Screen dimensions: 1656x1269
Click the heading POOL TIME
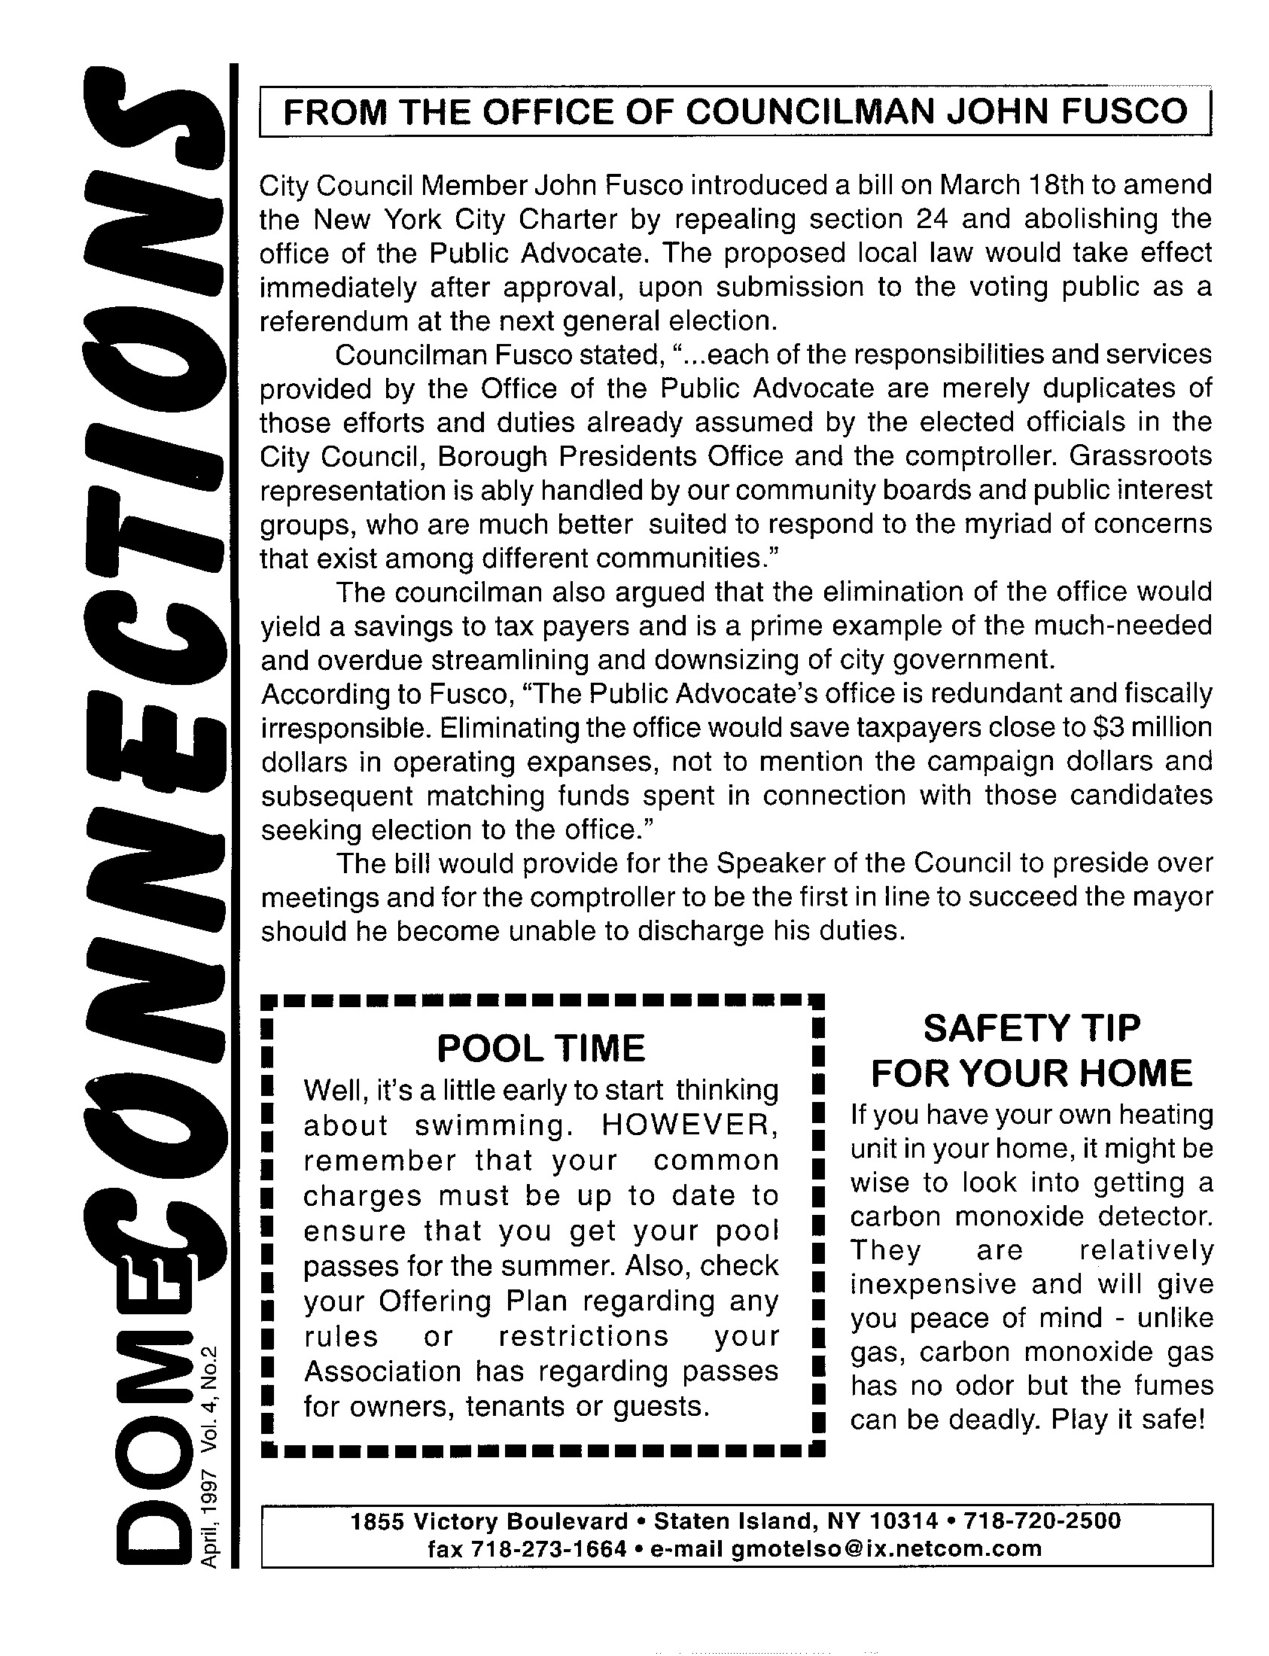541,1048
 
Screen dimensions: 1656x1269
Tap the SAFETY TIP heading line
1031,1028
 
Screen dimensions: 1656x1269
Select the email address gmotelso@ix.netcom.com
887,1548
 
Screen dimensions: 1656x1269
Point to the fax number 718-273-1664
549,1548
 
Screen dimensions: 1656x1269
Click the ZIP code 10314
904,1520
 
